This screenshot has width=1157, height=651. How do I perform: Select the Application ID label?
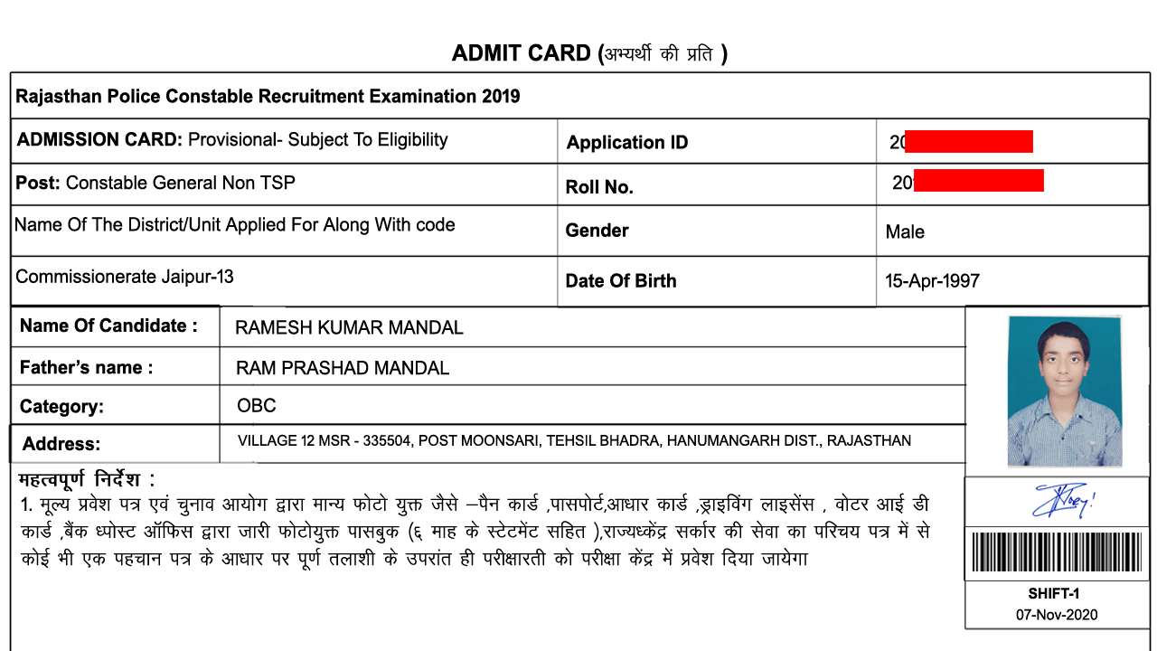coord(626,142)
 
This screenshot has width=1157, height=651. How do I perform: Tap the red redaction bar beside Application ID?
coord(968,141)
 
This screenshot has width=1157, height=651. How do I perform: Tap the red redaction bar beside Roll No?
coord(979,181)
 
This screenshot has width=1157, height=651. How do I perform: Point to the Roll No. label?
coord(598,187)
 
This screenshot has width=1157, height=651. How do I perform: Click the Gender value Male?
coord(905,232)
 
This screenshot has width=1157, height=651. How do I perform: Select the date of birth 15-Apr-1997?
coord(932,281)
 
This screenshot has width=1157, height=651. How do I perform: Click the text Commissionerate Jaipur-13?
coord(125,277)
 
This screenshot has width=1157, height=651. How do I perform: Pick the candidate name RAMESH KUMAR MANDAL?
coord(349,328)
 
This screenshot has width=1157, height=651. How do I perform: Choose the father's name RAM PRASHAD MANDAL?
coord(342,368)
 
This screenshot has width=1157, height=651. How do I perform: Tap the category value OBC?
coord(256,406)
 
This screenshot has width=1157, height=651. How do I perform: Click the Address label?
coord(61,444)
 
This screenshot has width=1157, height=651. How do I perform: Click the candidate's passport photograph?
coord(1064,391)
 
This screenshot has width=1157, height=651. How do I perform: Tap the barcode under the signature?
coord(1057,552)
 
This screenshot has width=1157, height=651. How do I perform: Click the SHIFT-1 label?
coord(1054,594)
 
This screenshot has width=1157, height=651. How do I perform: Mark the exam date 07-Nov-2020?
coord(1056,615)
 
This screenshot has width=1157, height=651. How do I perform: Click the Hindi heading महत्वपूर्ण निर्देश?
coord(86,479)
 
